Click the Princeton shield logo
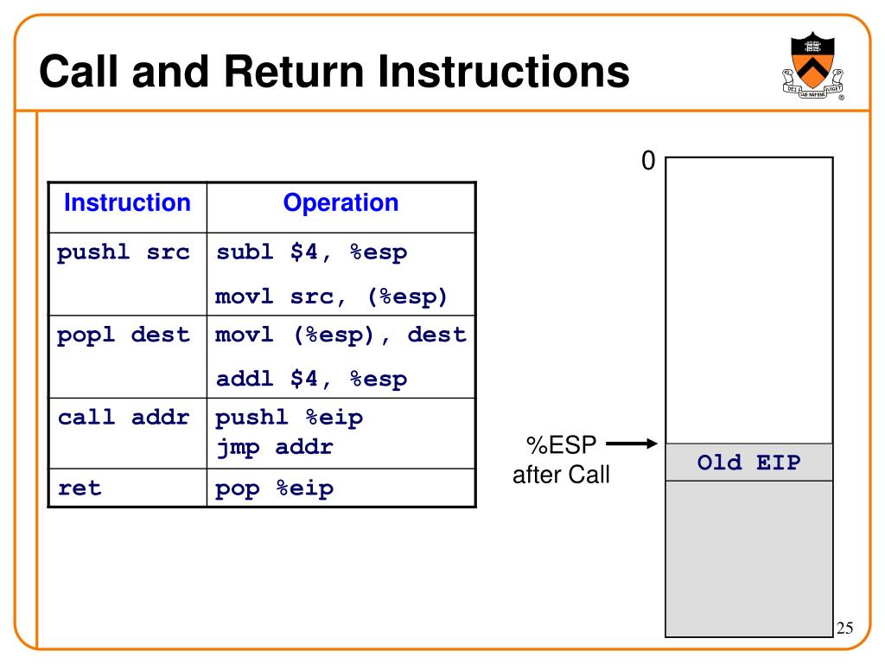812,66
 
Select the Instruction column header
128,202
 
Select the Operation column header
341,203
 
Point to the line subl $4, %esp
311,252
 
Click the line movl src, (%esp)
331,297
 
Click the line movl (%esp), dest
341,335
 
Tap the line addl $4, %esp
311,379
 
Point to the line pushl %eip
289,418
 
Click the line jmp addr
275,447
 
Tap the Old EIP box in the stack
749,463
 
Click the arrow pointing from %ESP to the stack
632,444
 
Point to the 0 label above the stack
648,161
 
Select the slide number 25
845,628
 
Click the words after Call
561,475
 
